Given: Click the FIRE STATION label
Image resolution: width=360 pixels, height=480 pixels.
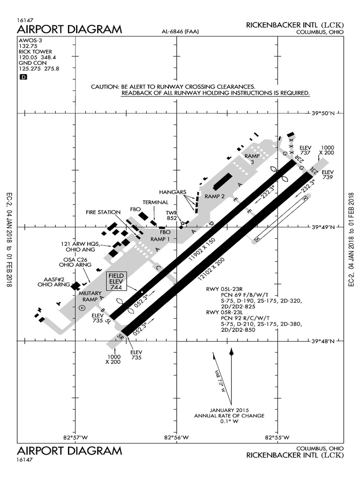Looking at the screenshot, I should tap(103, 212).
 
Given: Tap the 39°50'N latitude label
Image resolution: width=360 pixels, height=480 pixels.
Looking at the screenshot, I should tap(323, 113).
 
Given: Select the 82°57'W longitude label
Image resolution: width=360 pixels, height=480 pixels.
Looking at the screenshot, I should tap(75, 438).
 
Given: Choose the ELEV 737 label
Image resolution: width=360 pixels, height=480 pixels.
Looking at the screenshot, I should tap(305, 150).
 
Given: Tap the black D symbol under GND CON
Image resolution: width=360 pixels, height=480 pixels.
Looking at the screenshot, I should tap(23, 77).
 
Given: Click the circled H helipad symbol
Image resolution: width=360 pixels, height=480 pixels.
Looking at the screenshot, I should tap(82, 307).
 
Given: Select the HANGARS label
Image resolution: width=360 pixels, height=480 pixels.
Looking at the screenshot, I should tap(172, 192).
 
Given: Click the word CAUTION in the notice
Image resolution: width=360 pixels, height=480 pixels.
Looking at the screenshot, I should tap(105, 87).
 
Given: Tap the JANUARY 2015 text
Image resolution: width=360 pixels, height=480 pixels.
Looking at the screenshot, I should tap(230, 409).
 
